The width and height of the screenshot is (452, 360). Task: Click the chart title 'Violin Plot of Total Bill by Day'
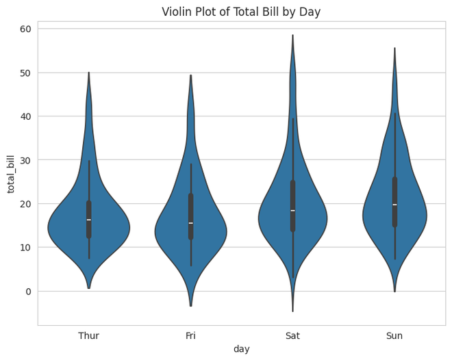[241, 12]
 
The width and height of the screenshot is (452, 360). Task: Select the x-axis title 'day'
[241, 349]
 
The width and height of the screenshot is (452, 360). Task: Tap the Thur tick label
[89, 335]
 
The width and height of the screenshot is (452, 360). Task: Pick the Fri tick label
[190, 335]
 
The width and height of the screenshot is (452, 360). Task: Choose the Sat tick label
[292, 335]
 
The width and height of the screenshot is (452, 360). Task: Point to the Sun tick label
[394, 335]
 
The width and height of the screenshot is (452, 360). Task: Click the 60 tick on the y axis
[26, 29]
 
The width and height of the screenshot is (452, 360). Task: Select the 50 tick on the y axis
[26, 73]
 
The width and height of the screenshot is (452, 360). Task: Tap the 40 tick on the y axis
[26, 116]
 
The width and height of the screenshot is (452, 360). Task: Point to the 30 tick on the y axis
[26, 160]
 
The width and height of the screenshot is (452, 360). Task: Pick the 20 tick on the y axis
[26, 204]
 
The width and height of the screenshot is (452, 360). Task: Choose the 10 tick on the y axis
[26, 248]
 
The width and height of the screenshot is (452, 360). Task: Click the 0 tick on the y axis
[29, 292]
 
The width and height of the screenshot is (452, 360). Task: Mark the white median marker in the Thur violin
[89, 220]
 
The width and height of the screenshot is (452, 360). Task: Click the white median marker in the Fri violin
[190, 223]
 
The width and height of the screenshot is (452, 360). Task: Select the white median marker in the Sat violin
[292, 211]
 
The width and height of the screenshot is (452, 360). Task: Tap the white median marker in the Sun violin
[394, 205]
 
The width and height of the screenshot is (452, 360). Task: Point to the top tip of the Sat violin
[292, 36]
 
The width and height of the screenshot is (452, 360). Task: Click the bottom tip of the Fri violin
[190, 305]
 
